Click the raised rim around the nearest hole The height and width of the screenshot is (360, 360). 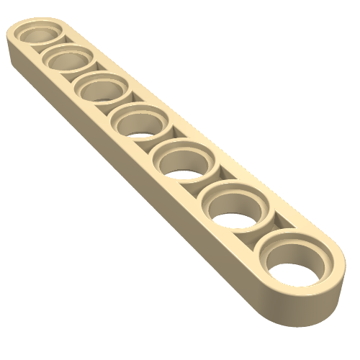(270, 248)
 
